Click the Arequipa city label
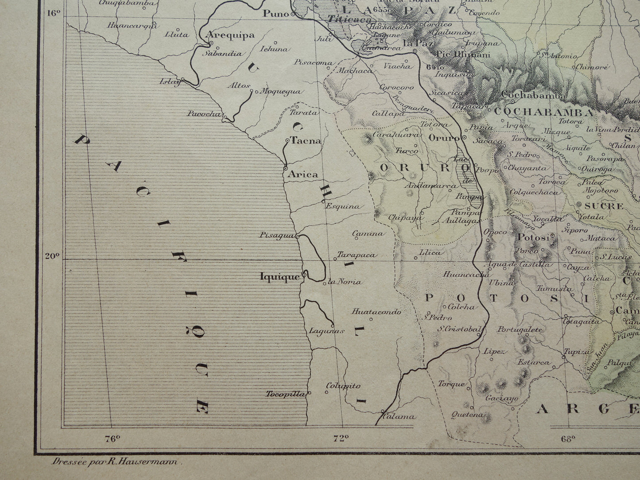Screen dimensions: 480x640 point(232,35)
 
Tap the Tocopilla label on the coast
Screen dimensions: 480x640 point(286,394)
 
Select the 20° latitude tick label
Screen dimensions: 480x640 point(52,255)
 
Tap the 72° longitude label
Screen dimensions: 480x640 point(341,439)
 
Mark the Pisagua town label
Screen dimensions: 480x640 point(277,235)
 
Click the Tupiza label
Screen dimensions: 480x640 point(577,352)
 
